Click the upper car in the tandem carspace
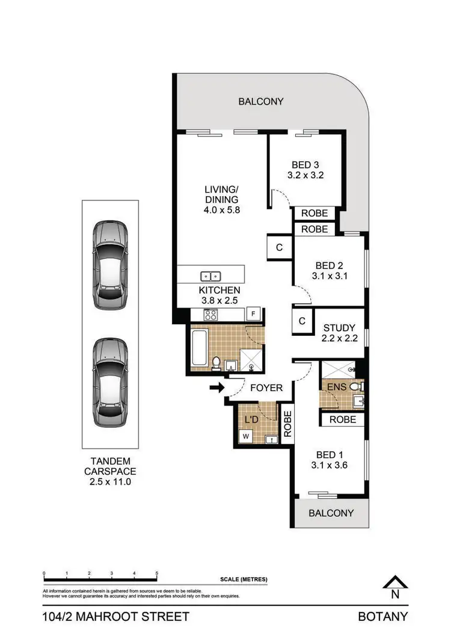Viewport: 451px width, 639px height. click(x=111, y=265)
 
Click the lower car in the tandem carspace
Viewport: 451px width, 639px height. click(x=111, y=382)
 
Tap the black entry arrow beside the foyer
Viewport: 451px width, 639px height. click(x=215, y=388)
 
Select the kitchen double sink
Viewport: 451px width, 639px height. click(x=210, y=276)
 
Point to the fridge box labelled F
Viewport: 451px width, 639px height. click(x=254, y=314)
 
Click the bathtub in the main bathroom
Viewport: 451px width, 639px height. click(x=198, y=348)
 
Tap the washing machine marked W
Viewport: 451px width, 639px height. click(x=245, y=436)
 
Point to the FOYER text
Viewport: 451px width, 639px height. click(x=266, y=388)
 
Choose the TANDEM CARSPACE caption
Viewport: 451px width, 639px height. click(x=109, y=471)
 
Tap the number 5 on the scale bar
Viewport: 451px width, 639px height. click(x=157, y=573)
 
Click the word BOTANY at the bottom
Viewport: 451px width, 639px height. click(x=383, y=617)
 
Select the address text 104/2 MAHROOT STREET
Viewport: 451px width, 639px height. click(x=116, y=617)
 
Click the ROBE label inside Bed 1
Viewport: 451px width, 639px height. click(x=342, y=419)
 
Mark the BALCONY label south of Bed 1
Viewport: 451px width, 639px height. click(x=331, y=513)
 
